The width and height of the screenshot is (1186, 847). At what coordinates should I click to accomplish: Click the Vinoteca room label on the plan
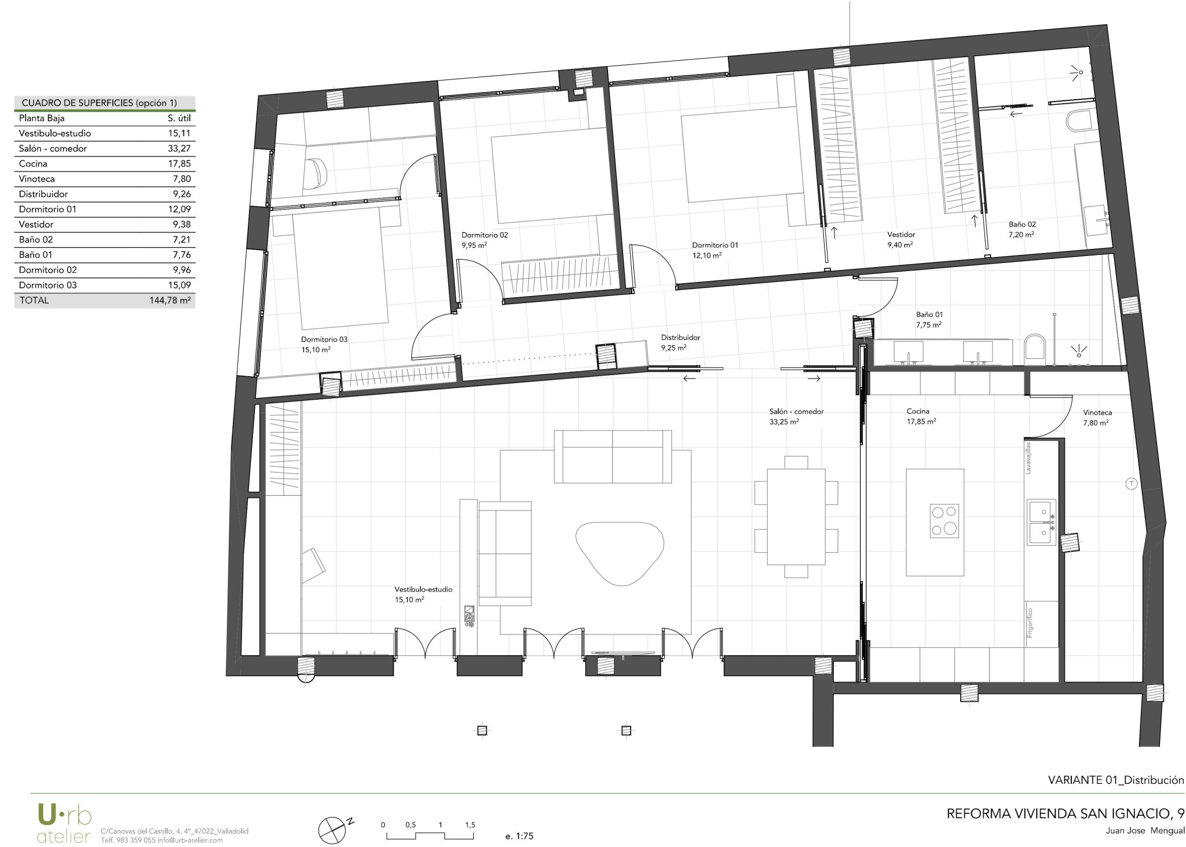pos(1097,413)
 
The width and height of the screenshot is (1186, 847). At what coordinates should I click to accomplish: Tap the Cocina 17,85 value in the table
pos(180,164)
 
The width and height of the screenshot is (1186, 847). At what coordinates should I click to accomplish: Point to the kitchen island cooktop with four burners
pos(944,521)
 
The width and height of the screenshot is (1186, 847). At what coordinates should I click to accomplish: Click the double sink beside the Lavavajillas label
pos(1042,522)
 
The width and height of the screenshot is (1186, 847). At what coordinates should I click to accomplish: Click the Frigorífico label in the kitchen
pos(1030,622)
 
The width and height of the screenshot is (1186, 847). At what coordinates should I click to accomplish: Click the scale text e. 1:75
pos(519,836)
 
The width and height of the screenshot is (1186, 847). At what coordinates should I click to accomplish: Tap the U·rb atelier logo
pos(64,823)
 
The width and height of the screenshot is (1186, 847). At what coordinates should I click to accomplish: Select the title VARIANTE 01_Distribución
pos(1116,780)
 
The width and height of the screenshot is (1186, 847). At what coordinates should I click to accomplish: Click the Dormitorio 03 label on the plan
pos(324,339)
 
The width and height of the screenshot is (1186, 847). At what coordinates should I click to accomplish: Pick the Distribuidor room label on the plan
pos(681,337)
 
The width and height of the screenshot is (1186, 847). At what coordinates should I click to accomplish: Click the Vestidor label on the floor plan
pos(901,235)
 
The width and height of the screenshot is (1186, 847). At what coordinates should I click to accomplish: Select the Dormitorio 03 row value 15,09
pos(180,285)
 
